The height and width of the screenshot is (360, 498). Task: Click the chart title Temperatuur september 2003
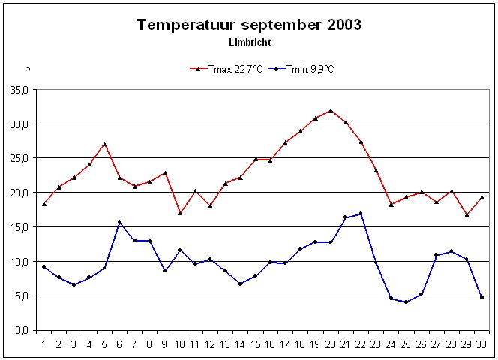pyautogui.click(x=249, y=25)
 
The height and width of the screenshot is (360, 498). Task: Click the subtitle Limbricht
pyautogui.click(x=249, y=42)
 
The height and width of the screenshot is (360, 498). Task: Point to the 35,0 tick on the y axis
pyautogui.click(x=18, y=89)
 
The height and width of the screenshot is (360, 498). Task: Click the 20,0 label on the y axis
pyautogui.click(x=18, y=193)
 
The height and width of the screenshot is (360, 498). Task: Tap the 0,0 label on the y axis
pyautogui.click(x=20, y=331)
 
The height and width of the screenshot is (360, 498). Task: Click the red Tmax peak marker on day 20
pyautogui.click(x=331, y=110)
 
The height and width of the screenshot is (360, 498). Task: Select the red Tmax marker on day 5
pyautogui.click(x=104, y=144)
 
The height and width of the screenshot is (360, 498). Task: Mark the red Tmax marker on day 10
pyautogui.click(x=180, y=213)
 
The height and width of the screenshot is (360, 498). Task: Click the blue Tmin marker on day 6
pyautogui.click(x=119, y=223)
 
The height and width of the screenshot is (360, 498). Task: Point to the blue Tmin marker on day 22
pyautogui.click(x=361, y=214)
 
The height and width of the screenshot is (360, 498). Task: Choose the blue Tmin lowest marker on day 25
pyautogui.click(x=406, y=301)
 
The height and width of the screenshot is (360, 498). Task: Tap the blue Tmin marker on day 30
pyautogui.click(x=481, y=297)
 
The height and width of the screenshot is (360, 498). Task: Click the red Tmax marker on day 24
pyautogui.click(x=391, y=205)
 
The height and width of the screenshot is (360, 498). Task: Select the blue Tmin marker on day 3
pyautogui.click(x=73, y=284)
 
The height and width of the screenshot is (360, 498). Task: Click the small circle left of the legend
pyautogui.click(x=27, y=69)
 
